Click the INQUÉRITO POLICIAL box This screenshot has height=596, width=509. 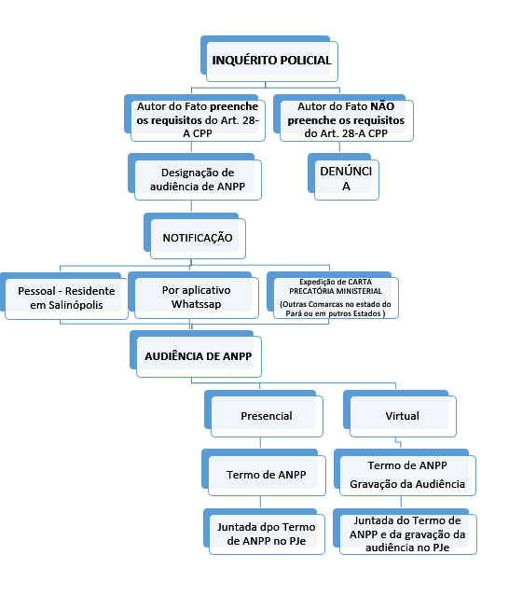tap(269, 59)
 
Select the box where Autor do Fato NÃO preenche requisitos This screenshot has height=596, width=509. tap(343, 118)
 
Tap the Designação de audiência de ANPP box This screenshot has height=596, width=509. tap(195, 177)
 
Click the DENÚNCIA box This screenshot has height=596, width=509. tap(343, 177)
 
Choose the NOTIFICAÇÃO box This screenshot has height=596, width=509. tap(195, 236)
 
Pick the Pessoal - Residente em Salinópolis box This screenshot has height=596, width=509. tap(64, 296)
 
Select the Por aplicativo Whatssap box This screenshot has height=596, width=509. tap(193, 296)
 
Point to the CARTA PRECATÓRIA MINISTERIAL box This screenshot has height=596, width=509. tap(333, 296)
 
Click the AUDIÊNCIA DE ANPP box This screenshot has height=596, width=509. tap(196, 354)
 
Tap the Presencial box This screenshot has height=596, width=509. tap(264, 413)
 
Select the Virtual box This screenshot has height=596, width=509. tap(400, 413)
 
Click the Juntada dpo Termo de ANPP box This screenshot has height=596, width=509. tap(264, 532)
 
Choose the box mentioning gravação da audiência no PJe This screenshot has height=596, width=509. tap(405, 532)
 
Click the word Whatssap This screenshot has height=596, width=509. tap(197, 304)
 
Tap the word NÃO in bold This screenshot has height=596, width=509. tap(382, 106)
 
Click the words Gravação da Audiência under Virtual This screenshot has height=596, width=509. tap(407, 484)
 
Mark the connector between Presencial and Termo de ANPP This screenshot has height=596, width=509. tap(260, 443)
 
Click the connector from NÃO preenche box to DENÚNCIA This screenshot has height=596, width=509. tap(339, 147)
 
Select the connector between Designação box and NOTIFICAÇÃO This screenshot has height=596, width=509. tap(191, 207)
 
